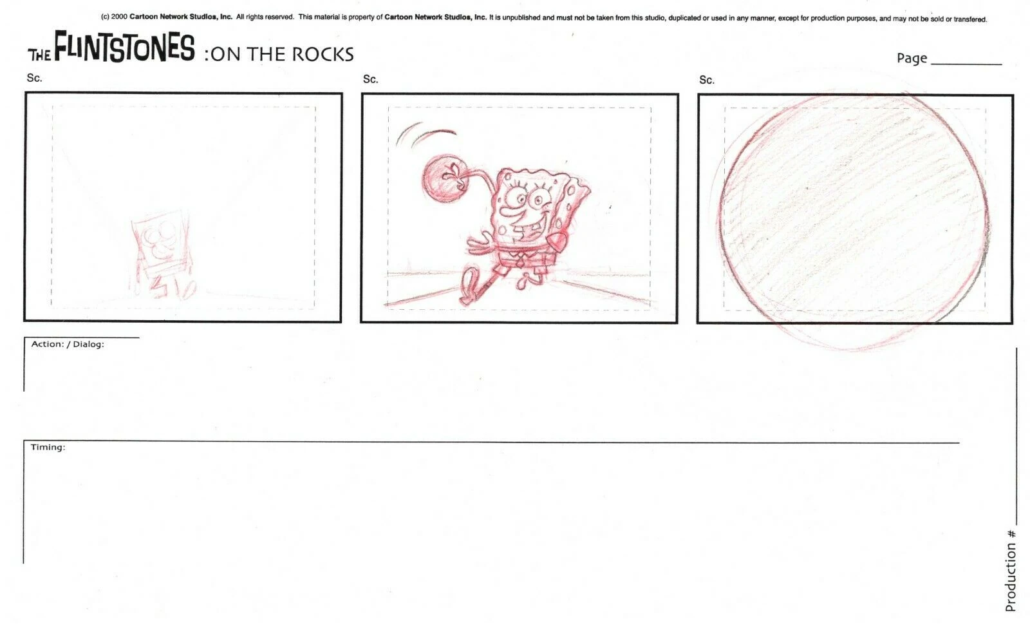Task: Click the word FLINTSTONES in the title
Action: (x=124, y=48)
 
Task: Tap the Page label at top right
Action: (x=912, y=59)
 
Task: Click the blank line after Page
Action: (x=966, y=62)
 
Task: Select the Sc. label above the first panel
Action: (x=34, y=78)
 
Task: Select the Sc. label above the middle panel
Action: (x=370, y=79)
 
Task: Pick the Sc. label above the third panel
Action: (x=706, y=81)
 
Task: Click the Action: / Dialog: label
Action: (x=68, y=344)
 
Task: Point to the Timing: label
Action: (x=48, y=447)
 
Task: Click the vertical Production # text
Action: (x=1010, y=571)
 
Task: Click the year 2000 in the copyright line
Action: (x=119, y=17)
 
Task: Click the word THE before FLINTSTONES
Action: (x=39, y=54)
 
